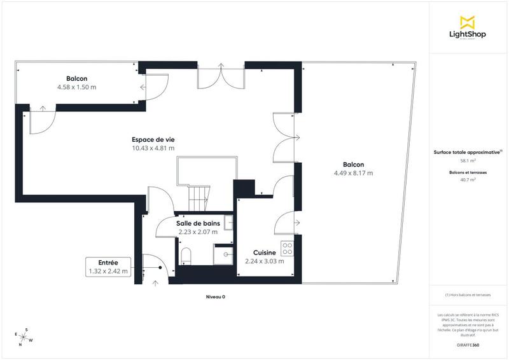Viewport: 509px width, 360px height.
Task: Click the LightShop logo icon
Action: click(x=468, y=23)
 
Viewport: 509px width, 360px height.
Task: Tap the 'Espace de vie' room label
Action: click(x=153, y=139)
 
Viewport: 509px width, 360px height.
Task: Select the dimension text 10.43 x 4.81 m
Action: click(x=153, y=148)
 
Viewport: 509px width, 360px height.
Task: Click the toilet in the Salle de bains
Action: click(x=186, y=256)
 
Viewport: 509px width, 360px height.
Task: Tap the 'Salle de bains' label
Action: click(x=198, y=223)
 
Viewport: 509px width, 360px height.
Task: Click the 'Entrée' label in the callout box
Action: click(x=108, y=262)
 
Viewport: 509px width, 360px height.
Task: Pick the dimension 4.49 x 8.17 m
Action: click(x=352, y=173)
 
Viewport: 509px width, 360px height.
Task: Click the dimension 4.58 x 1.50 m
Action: click(x=76, y=87)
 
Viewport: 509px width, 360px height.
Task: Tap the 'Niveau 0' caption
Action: click(x=215, y=297)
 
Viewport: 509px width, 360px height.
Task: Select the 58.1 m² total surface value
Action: click(x=468, y=162)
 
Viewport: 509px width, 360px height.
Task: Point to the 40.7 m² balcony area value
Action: click(x=468, y=180)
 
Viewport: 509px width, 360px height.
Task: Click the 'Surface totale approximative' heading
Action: click(x=468, y=153)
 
